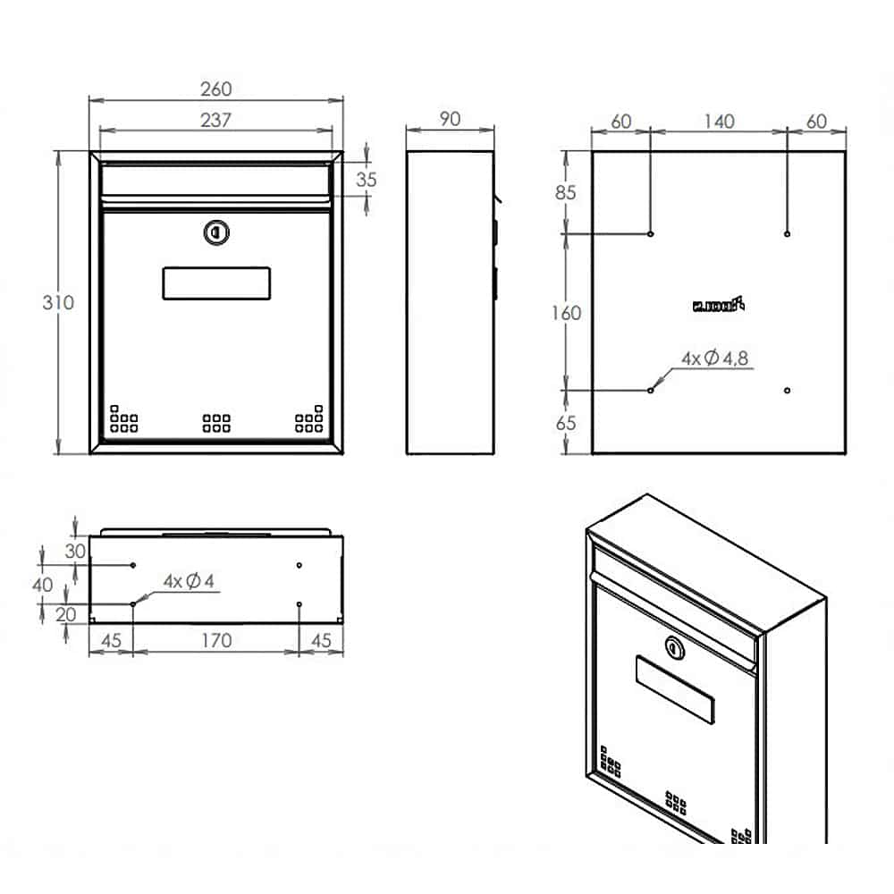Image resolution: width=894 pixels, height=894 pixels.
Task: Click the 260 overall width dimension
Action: click(215, 89)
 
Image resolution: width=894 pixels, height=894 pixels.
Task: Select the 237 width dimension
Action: click(215, 121)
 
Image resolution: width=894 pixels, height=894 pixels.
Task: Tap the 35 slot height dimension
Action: click(367, 179)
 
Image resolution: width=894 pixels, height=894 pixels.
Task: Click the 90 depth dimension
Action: click(450, 119)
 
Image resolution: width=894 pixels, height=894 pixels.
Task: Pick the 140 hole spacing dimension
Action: click(718, 121)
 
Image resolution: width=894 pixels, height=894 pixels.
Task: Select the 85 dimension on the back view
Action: click(567, 192)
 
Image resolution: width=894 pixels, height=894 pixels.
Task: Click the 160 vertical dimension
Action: click(566, 313)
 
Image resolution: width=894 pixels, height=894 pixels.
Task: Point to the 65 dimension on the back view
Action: click(566, 424)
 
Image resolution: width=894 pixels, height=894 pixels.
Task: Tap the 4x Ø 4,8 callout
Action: click(714, 358)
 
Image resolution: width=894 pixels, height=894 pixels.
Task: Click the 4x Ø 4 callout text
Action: click(189, 581)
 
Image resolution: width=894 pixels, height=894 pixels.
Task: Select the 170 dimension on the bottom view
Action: click(215, 640)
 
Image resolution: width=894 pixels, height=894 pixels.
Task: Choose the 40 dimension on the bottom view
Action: click(43, 585)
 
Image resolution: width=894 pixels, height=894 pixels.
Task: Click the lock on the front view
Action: click(216, 232)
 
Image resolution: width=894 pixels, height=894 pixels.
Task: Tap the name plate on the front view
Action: click(216, 283)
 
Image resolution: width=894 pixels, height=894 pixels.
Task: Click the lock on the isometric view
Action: click(675, 647)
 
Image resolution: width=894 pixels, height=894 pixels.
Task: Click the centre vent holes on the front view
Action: click(216, 423)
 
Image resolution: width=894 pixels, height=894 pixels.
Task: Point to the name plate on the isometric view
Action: click(675, 689)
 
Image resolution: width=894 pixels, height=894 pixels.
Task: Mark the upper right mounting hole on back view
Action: click(787, 234)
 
